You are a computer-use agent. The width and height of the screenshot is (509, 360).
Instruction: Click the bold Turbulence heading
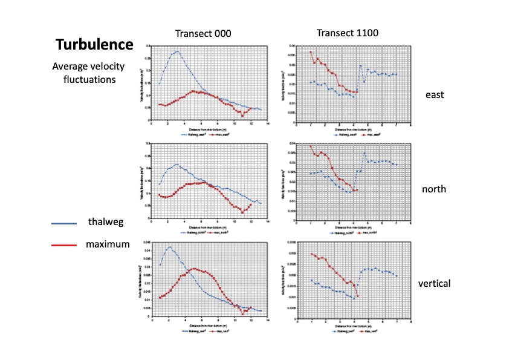pyautogui.click(x=94, y=44)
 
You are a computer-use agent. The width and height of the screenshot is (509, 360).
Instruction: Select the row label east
pyautogui.click(x=434, y=95)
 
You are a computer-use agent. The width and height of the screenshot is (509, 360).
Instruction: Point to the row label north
pyautogui.click(x=434, y=189)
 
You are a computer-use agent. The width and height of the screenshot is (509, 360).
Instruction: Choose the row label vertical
pyautogui.click(x=434, y=283)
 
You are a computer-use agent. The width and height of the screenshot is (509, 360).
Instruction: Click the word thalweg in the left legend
pyautogui.click(x=106, y=222)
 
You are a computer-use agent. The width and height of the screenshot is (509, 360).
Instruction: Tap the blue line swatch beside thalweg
pyautogui.click(x=63, y=223)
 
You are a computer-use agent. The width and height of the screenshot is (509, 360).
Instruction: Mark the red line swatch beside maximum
pyautogui.click(x=63, y=245)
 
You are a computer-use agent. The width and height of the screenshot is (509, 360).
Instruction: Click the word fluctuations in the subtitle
pyautogui.click(x=92, y=79)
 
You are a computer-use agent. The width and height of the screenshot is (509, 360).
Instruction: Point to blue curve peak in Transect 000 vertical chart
pyautogui.click(x=170, y=247)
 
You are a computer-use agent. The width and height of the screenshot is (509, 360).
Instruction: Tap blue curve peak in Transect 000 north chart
pyautogui.click(x=177, y=164)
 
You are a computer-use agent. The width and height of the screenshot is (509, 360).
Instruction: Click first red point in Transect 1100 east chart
pyautogui.click(x=311, y=52)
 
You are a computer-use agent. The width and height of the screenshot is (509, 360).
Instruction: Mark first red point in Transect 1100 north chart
pyautogui.click(x=311, y=146)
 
